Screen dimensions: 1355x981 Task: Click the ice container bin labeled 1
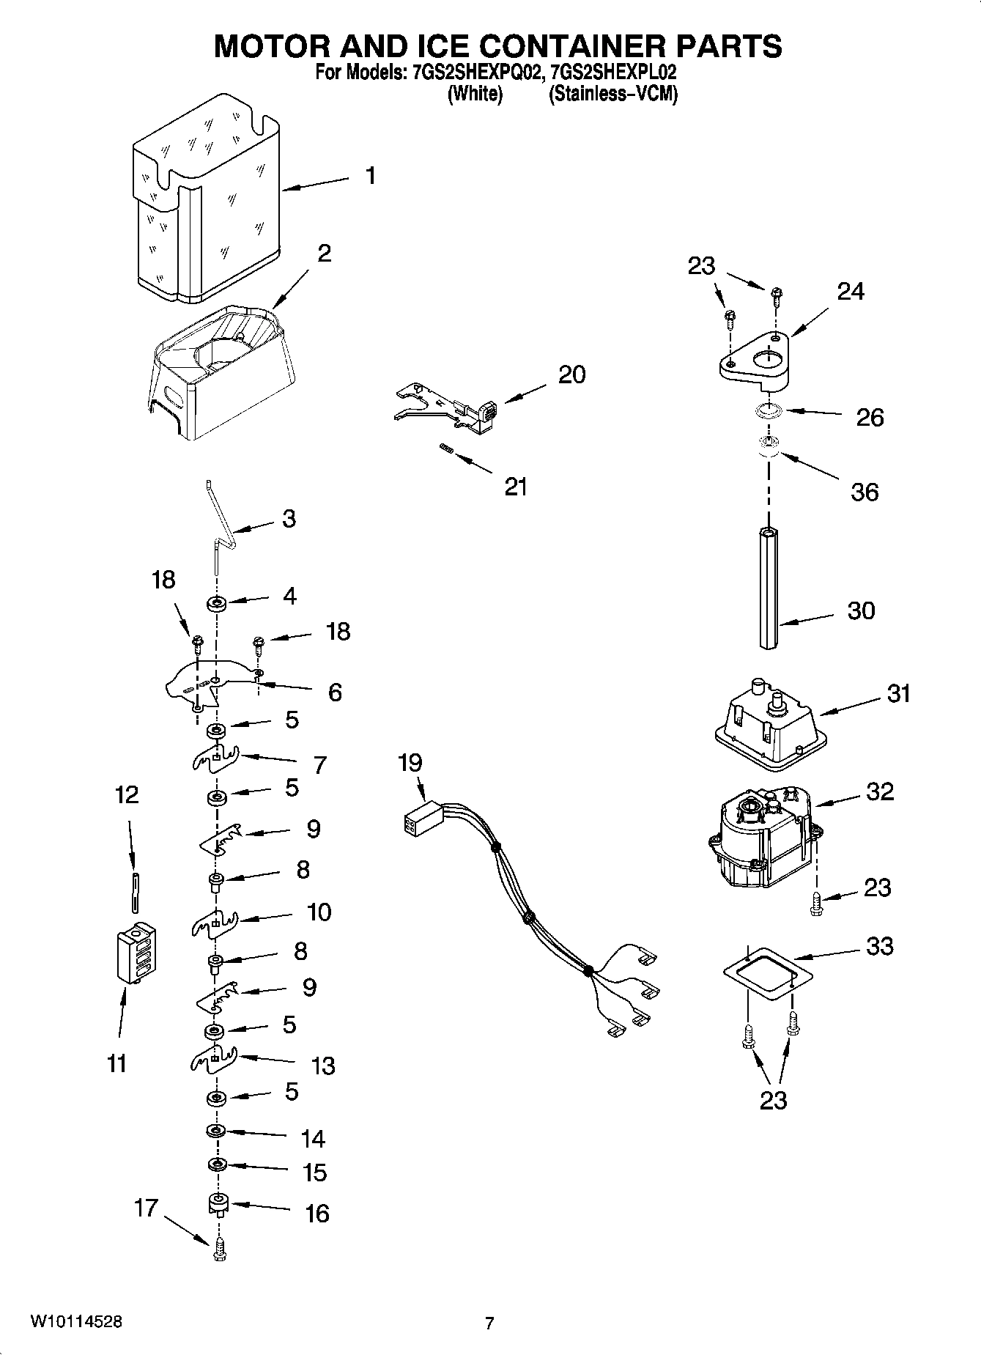pos(205,198)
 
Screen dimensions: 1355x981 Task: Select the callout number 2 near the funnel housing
pos(324,254)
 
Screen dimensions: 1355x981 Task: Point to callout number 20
pos(571,374)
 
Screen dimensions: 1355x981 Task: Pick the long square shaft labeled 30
pos(769,588)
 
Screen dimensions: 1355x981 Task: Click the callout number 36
pos(864,492)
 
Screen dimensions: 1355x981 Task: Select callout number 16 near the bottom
pos(316,1214)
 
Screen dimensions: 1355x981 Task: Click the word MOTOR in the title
pos(270,46)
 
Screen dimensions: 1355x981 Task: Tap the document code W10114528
pos(76,1321)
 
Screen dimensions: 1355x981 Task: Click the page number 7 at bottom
pos(489,1323)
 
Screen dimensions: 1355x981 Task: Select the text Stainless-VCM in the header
pos(613,94)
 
